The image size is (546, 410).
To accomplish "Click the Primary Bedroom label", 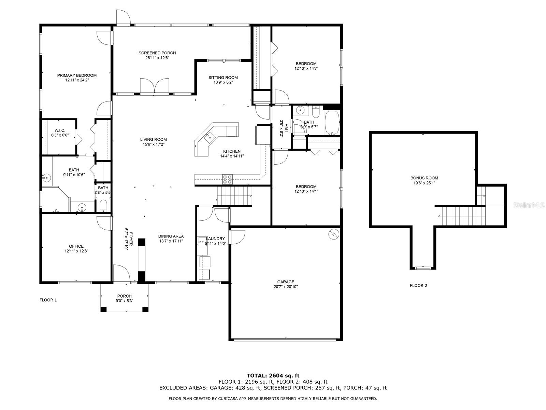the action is (x=77, y=76).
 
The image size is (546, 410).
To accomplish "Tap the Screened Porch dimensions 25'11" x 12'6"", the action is (x=157, y=58).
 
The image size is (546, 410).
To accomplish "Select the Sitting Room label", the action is (x=223, y=78).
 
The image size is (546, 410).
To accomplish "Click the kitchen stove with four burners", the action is (x=227, y=179).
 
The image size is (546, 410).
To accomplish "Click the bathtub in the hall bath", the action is (x=332, y=123).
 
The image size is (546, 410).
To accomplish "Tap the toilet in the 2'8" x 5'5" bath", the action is (x=103, y=206).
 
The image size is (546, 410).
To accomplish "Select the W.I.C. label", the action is (x=60, y=131).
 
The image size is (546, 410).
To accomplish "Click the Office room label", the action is (x=76, y=246).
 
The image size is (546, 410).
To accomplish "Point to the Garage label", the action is (x=286, y=282).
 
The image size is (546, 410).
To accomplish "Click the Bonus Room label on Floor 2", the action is (x=424, y=178).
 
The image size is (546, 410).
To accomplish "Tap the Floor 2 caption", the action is (x=418, y=286).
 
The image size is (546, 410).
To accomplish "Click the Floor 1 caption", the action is (x=48, y=300).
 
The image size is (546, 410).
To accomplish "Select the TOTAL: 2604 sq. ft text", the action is (x=273, y=375).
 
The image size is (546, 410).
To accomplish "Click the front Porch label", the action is (x=124, y=296).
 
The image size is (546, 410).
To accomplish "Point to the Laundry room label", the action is (x=215, y=239).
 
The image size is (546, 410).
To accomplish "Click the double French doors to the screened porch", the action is (x=155, y=86).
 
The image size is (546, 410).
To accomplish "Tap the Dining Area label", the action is (x=171, y=236).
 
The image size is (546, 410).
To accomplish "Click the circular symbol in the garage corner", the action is (x=333, y=234).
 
